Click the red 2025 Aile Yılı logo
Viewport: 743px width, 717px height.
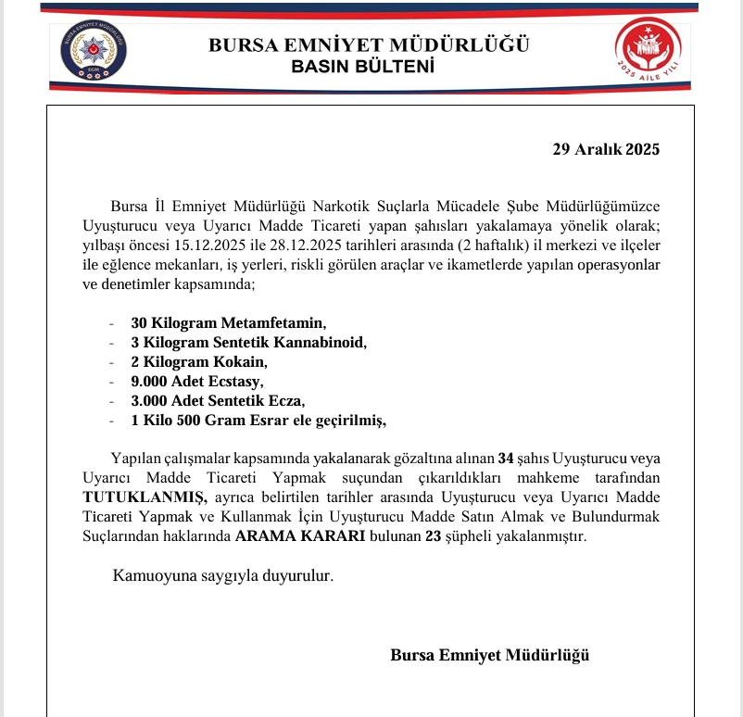pos(648,54)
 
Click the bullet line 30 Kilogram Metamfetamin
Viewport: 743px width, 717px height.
pos(230,323)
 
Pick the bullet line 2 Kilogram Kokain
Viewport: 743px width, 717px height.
pos(199,362)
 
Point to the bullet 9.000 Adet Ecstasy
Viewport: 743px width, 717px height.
pos(197,382)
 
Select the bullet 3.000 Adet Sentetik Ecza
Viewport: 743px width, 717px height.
pos(217,401)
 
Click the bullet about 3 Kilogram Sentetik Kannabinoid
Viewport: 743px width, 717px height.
pos(249,343)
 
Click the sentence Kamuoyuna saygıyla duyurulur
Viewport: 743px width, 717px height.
pos(222,576)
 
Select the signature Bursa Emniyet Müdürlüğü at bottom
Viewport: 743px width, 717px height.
pos(490,655)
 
